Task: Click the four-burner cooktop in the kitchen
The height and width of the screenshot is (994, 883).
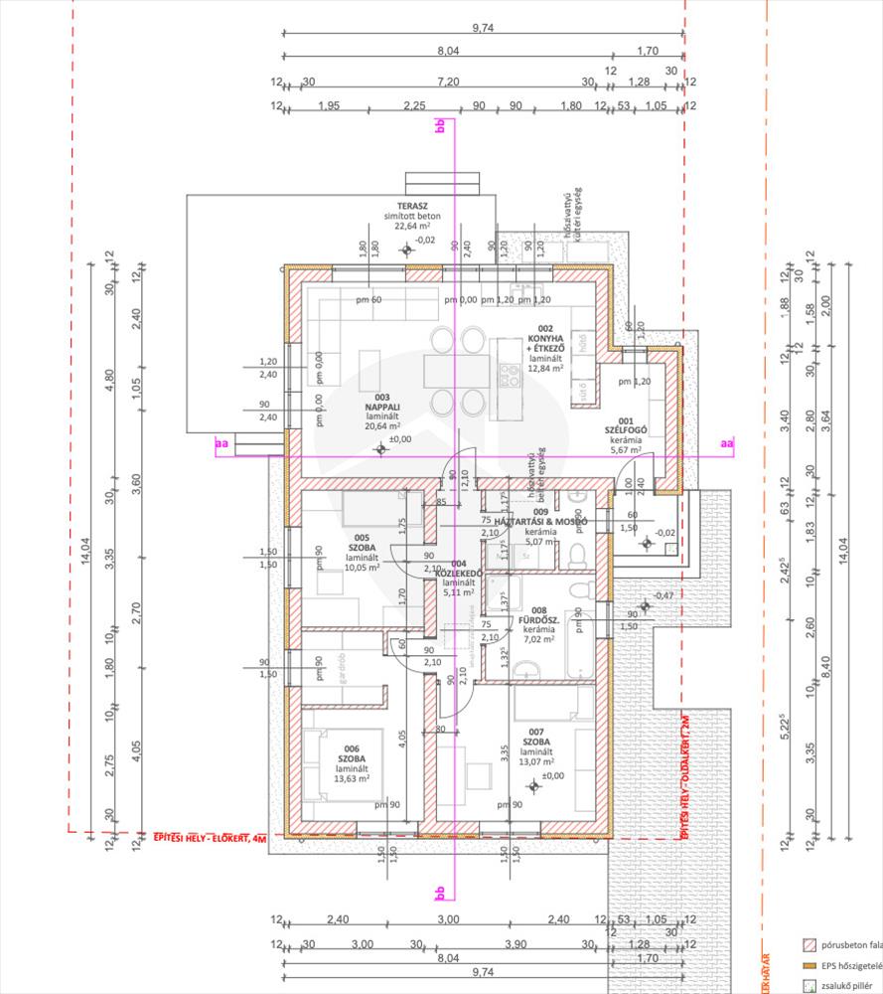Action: (509, 375)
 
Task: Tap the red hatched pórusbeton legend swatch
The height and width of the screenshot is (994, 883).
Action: (809, 944)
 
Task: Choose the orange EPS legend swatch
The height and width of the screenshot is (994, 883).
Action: (809, 964)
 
